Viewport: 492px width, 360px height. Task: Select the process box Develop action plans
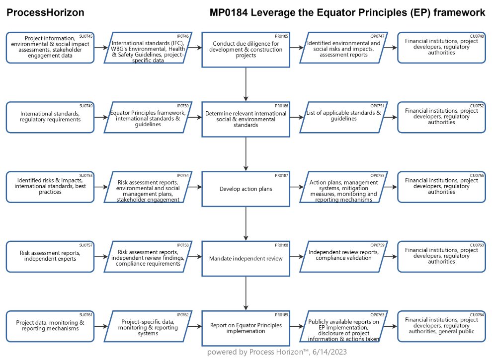pyautogui.click(x=246, y=189)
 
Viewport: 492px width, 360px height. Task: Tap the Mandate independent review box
pyautogui.click(x=246, y=258)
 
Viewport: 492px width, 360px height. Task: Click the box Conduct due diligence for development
pyautogui.click(x=246, y=50)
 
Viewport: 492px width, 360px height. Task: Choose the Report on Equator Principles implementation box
pyautogui.click(x=246, y=328)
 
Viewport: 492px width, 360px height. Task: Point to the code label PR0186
pyautogui.click(x=281, y=106)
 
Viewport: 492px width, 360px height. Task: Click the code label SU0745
pyautogui.click(x=86, y=36)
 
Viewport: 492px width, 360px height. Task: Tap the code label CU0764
pyautogui.click(x=477, y=314)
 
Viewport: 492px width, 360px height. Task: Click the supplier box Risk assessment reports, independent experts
pyautogui.click(x=50, y=257)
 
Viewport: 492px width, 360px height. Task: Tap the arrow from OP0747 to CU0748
pyautogui.click(x=391, y=48)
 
